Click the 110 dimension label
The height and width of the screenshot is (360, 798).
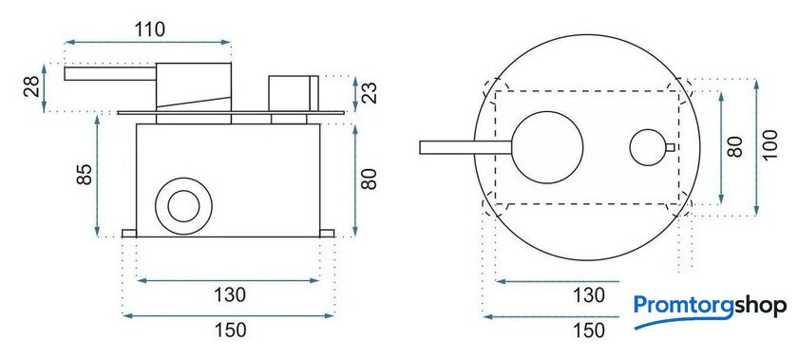151,29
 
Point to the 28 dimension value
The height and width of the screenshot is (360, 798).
31,87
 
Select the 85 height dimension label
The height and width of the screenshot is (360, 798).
85,174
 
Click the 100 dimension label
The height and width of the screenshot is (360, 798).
770,145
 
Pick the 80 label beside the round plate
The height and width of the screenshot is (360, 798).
735,146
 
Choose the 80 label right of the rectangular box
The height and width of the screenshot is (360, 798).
370,179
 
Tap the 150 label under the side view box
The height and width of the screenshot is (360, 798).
231,330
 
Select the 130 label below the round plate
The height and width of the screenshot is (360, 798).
589,295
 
